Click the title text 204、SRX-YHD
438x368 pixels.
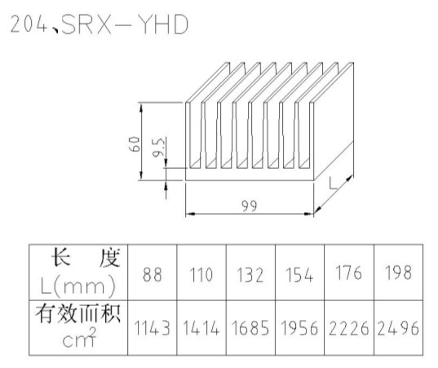click(x=100, y=24)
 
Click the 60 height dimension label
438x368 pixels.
click(x=135, y=144)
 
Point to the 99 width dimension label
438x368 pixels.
click(x=250, y=206)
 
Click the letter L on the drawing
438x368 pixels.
click(x=333, y=183)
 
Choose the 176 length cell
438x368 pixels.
click(x=348, y=273)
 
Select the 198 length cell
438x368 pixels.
click(x=398, y=273)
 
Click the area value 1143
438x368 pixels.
click(x=153, y=328)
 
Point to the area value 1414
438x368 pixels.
click(x=201, y=328)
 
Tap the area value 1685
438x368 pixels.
click(x=250, y=328)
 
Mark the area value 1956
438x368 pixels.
click(x=299, y=328)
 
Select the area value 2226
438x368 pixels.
click(x=348, y=328)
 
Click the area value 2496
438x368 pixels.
click(x=398, y=328)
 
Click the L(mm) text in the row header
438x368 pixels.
click(x=78, y=286)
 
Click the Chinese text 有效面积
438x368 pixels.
click(x=78, y=314)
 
